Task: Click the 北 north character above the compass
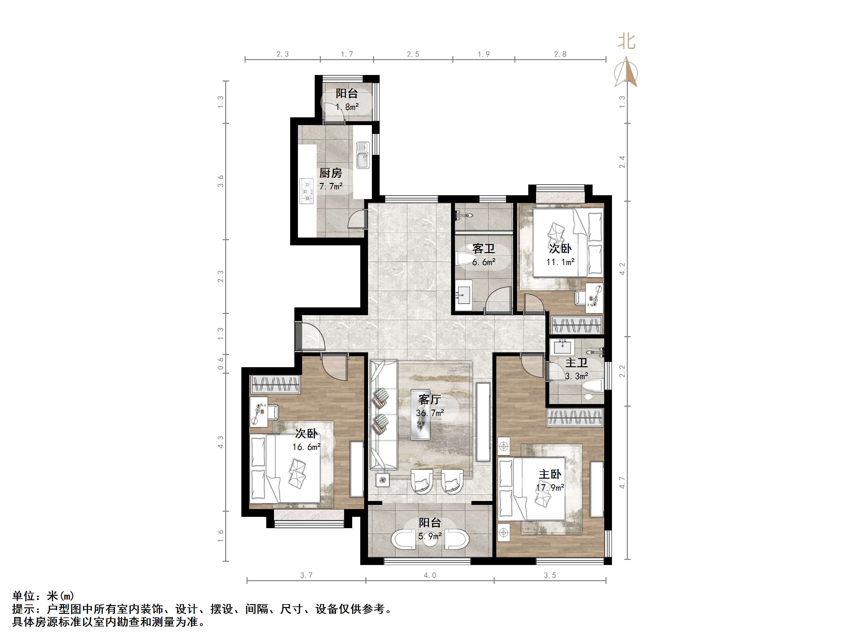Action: [x=626, y=41]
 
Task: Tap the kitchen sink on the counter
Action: [x=363, y=155]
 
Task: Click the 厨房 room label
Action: [x=331, y=173]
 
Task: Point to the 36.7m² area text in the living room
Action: [x=430, y=413]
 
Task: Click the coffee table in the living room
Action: [x=420, y=415]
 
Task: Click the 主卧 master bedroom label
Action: [x=550, y=474]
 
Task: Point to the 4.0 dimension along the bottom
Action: [x=430, y=575]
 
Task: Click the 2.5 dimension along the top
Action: [x=413, y=54]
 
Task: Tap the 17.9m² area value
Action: [x=550, y=488]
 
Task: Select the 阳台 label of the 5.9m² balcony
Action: [x=430, y=523]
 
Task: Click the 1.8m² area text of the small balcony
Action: [x=347, y=107]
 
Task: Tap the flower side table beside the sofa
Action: [x=383, y=480]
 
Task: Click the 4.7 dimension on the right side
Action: [x=622, y=482]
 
